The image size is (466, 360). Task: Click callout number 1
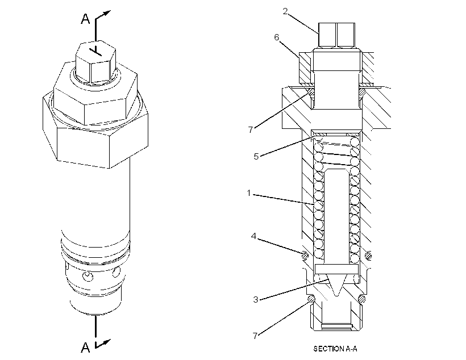249,193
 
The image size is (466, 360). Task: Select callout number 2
285,11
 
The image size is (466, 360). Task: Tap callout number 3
256,299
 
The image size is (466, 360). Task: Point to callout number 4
253,236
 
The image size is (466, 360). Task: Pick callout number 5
256,156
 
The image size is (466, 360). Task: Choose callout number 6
277,37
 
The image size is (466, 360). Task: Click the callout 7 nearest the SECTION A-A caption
255,336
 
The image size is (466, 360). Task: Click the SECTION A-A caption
335,349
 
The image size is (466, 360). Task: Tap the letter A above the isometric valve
85,19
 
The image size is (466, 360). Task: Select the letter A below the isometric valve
85,347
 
